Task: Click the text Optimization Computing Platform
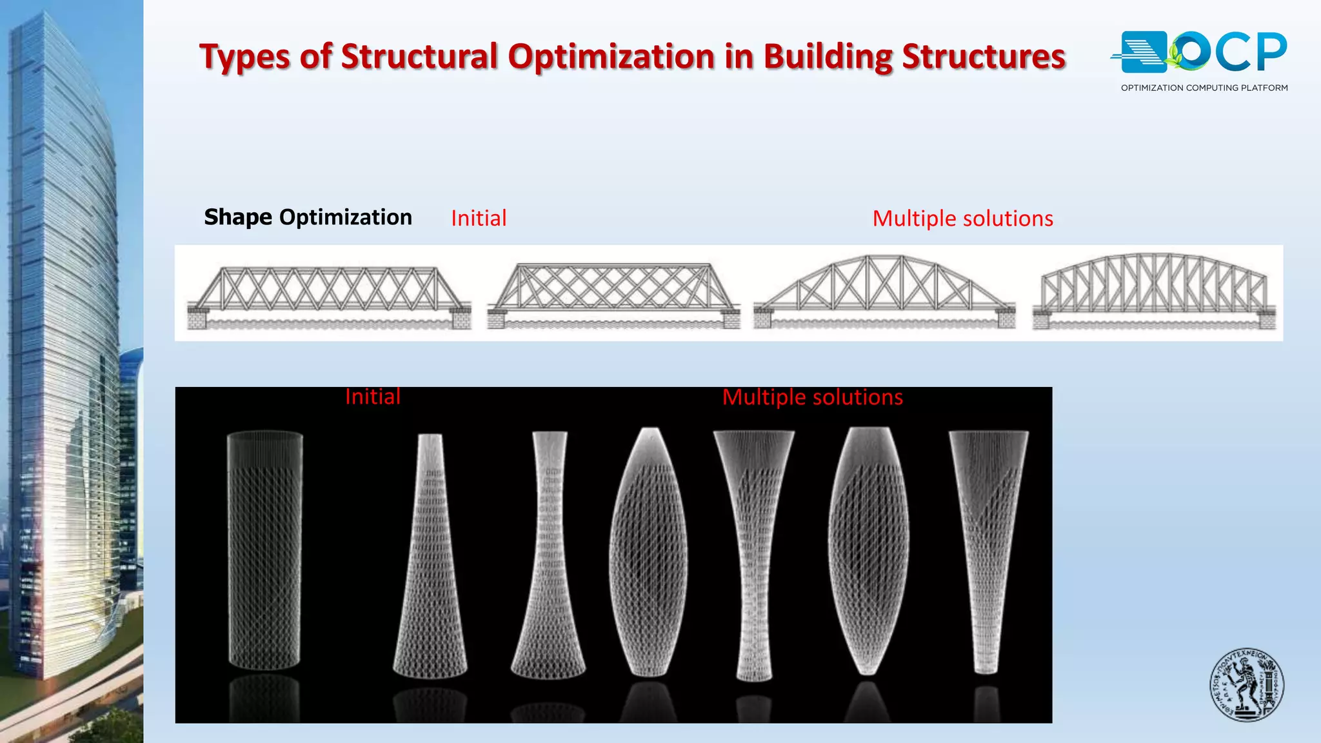coord(1204,88)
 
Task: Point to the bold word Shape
coord(238,218)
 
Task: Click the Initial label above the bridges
coord(479,219)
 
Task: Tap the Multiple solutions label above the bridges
coord(962,219)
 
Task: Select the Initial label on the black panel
coord(373,397)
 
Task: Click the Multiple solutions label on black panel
coord(812,397)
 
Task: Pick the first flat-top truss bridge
coord(328,294)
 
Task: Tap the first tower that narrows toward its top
coord(430,555)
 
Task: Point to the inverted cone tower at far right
coord(988,551)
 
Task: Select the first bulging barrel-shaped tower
coord(649,551)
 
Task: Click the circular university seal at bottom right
coord(1246,684)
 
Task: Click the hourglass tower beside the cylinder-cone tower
coord(549,555)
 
